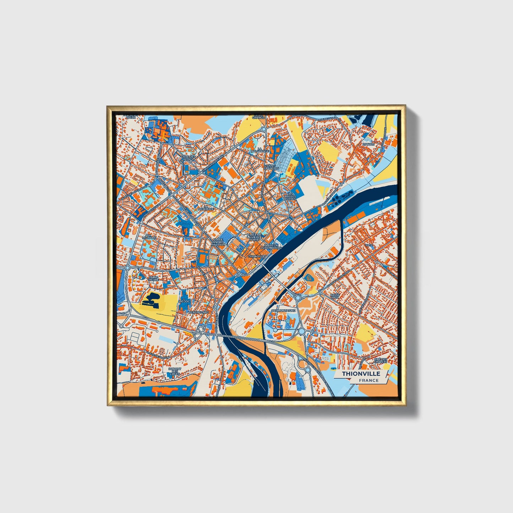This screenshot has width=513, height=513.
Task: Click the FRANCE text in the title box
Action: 369,380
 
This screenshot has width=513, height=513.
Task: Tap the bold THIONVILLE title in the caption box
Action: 361,373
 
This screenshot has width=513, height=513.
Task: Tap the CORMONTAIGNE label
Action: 283,311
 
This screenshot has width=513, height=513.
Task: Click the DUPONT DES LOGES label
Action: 175,371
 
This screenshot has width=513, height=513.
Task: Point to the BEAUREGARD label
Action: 198,312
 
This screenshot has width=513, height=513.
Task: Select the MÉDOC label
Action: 185,301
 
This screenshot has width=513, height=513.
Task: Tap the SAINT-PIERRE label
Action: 154,279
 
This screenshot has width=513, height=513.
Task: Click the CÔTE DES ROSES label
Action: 188,158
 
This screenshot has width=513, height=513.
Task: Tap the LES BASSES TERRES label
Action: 290,196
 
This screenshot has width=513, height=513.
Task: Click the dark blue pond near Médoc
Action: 151,301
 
